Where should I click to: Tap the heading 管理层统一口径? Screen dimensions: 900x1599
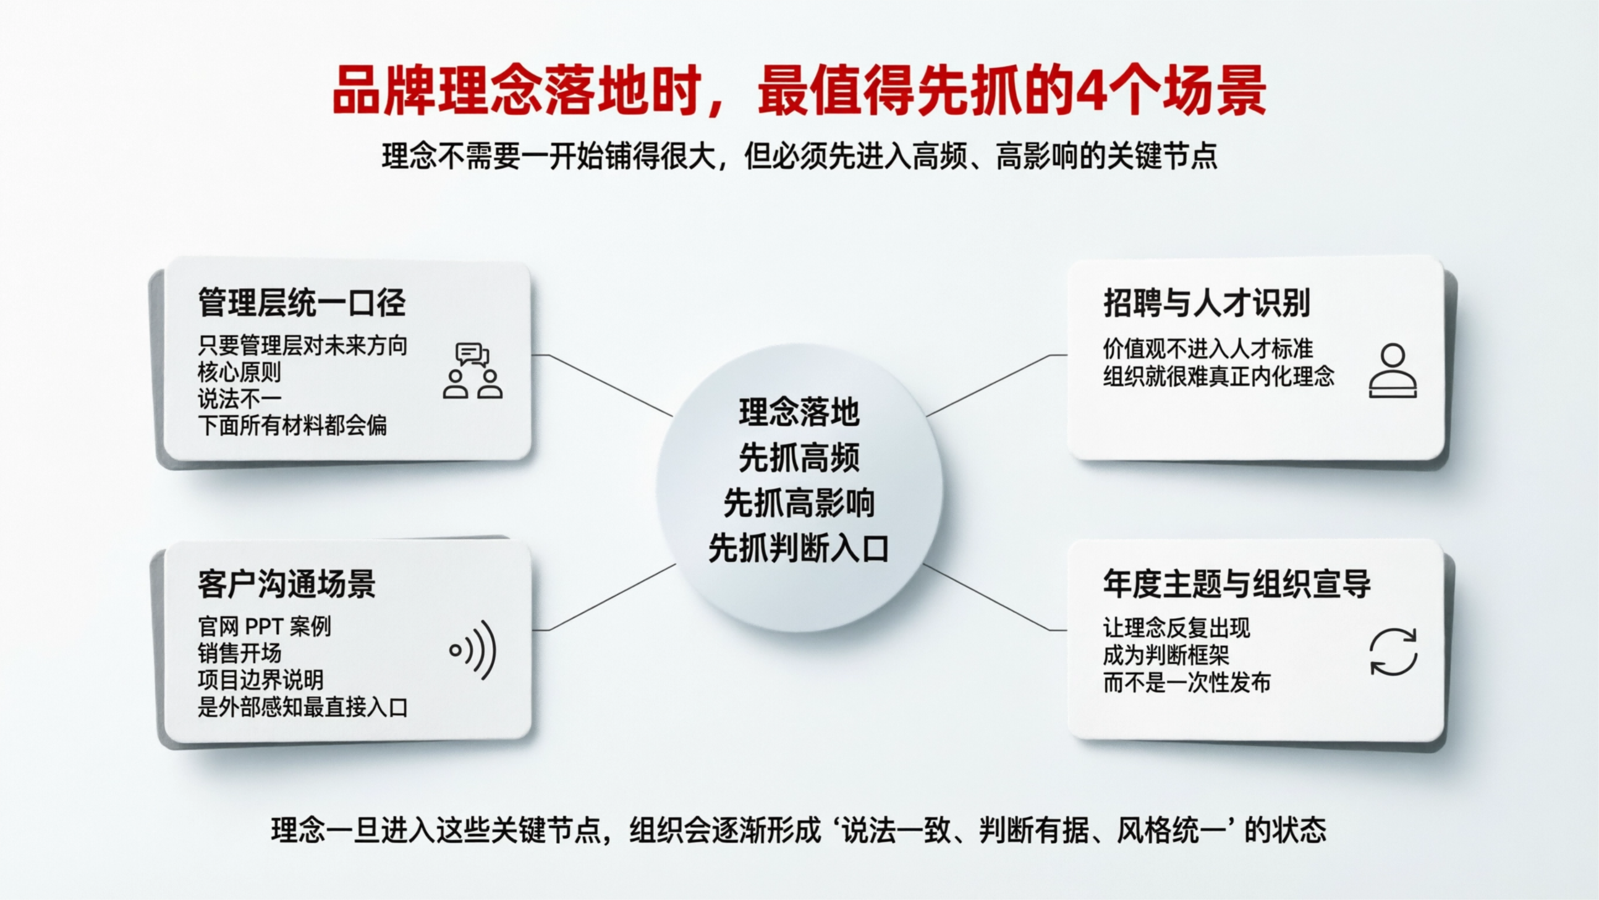tap(301, 303)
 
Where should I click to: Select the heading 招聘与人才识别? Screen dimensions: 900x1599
tap(1206, 303)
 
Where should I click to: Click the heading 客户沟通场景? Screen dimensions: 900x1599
tap(286, 584)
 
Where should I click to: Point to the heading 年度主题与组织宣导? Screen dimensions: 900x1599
tap(1237, 584)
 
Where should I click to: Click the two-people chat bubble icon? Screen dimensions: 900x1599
tap(472, 370)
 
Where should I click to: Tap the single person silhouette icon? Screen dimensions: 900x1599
tap(1393, 370)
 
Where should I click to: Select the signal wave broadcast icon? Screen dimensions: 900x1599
tap(473, 650)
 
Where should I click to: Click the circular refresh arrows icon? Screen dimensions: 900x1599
tap(1393, 652)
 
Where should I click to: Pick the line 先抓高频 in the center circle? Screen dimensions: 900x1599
tap(799, 458)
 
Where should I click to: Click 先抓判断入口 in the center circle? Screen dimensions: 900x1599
tap(799, 549)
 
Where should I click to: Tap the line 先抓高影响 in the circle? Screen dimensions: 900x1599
tap(799, 503)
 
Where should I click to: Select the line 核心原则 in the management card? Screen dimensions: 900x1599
tap(239, 371)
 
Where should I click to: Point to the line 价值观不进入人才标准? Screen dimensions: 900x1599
tap(1207, 348)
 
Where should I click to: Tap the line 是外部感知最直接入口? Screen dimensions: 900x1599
tap(302, 707)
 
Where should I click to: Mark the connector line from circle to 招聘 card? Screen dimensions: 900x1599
tap(993, 384)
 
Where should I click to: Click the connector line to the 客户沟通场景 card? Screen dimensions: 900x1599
tap(611, 598)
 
